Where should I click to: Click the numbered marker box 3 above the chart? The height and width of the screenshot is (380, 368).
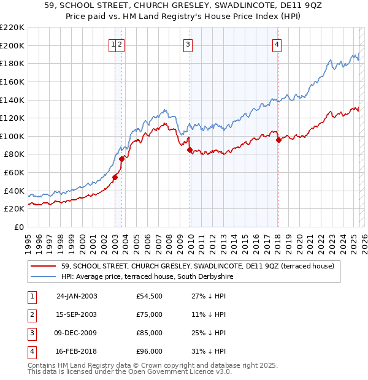point(188,44)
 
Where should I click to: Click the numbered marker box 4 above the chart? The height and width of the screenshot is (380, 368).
point(277,44)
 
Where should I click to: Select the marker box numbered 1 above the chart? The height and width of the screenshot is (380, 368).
point(113,44)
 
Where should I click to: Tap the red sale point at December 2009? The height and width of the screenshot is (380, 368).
point(190,150)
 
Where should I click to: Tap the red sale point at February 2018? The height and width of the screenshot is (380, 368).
point(278,140)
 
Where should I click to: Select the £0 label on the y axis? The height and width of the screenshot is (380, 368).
point(18,227)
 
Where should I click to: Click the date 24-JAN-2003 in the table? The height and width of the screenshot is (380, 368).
point(77,296)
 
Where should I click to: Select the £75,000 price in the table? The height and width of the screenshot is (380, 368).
point(150,314)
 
